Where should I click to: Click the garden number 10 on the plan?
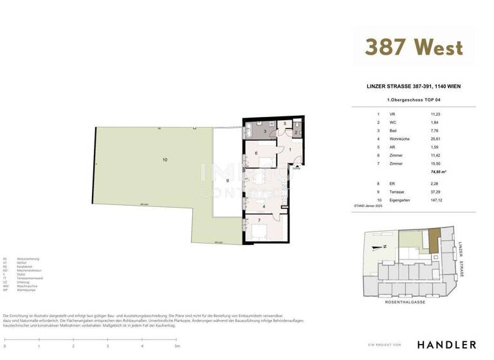pyautogui.click(x=165, y=159)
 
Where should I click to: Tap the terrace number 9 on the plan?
pyautogui.click(x=226, y=181)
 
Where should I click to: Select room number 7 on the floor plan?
pyautogui.click(x=259, y=221)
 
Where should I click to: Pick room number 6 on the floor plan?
pyautogui.click(x=256, y=153)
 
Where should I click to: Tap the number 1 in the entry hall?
pyautogui.click(x=290, y=150)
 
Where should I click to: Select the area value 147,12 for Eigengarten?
pyautogui.click(x=439, y=200)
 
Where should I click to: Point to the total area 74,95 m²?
pyautogui.click(x=439, y=172)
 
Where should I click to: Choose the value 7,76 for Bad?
pyautogui.click(x=435, y=130)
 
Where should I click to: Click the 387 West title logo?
pyautogui.click(x=414, y=47)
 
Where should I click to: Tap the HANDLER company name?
pyautogui.click(x=447, y=345)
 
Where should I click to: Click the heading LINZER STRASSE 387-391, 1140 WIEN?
pyautogui.click(x=413, y=86)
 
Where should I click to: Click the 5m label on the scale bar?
pyautogui.click(x=176, y=346)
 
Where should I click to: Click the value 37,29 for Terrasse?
pyautogui.click(x=437, y=192)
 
